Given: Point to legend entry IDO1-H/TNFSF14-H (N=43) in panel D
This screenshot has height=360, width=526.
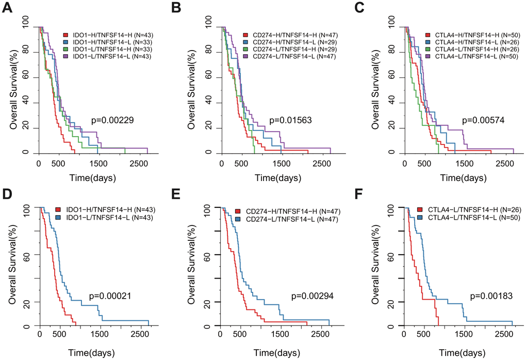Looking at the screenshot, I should pos(108,210).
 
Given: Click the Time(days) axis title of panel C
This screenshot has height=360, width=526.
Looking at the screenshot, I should pos(464,178).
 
